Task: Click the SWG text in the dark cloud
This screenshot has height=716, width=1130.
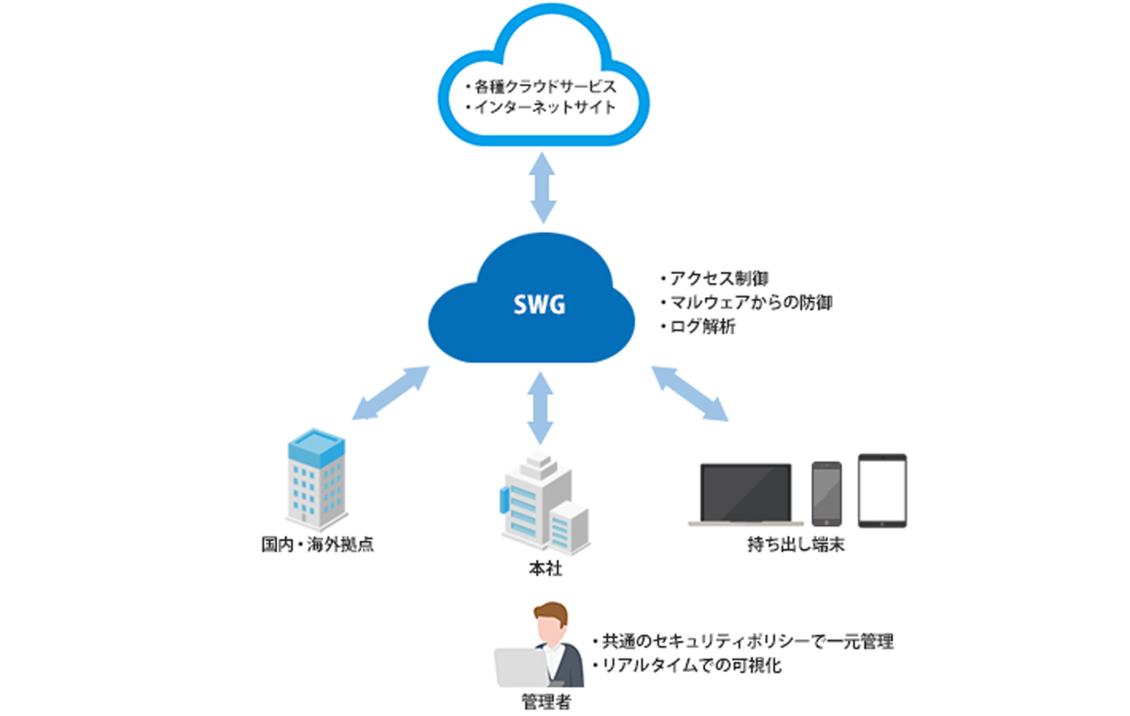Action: click(539, 305)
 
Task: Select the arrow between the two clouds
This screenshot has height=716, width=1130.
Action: click(544, 188)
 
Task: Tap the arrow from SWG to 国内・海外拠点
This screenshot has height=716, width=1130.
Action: click(390, 393)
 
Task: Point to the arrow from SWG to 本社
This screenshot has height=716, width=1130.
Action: click(540, 407)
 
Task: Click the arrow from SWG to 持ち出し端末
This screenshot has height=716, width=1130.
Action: click(689, 393)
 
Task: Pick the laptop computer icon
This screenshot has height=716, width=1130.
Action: click(746, 495)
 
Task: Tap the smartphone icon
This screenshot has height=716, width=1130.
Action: click(826, 493)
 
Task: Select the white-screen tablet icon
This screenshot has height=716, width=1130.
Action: click(882, 491)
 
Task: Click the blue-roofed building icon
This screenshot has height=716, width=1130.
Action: click(316, 480)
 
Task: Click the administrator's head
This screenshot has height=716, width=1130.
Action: click(551, 621)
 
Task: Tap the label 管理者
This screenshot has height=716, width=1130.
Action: click(546, 702)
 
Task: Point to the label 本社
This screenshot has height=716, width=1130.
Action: click(545, 568)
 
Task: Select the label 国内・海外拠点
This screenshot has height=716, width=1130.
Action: click(318, 544)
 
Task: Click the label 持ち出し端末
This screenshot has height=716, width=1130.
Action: click(796, 544)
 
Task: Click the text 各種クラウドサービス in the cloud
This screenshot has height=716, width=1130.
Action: click(545, 86)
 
